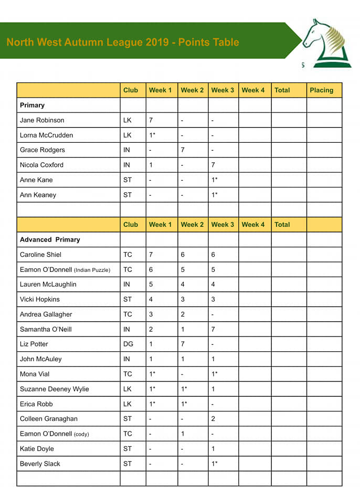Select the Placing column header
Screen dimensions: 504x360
(x=321, y=90)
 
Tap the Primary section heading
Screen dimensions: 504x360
(x=32, y=105)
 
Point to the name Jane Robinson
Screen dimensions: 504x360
(x=42, y=120)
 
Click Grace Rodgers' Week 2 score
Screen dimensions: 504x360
(x=183, y=150)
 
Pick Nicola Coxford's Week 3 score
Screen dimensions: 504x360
(x=213, y=165)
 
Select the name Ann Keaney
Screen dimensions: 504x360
(x=38, y=195)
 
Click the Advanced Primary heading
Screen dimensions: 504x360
(x=50, y=239)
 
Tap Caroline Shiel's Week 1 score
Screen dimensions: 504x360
(x=151, y=255)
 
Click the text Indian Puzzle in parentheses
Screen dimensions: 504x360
(x=92, y=270)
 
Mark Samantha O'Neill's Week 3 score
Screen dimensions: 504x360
(x=213, y=329)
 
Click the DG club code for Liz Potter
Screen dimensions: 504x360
(x=128, y=344)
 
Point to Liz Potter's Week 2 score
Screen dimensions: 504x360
(x=183, y=344)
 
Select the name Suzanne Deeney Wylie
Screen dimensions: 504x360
(x=54, y=389)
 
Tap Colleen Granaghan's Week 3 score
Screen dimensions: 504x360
(x=213, y=419)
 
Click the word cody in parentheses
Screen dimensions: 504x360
(x=81, y=434)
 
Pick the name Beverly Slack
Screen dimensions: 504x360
(x=40, y=464)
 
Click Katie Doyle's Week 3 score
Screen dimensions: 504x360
(x=213, y=449)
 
